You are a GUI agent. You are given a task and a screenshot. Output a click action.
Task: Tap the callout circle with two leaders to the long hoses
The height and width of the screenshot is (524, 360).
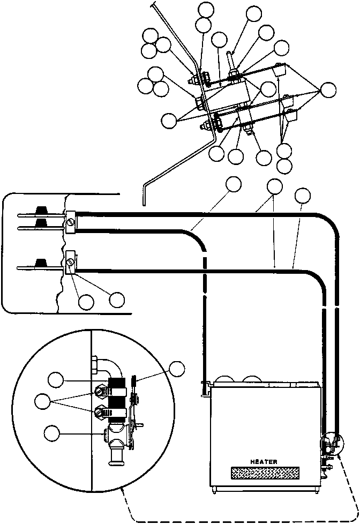275,186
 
